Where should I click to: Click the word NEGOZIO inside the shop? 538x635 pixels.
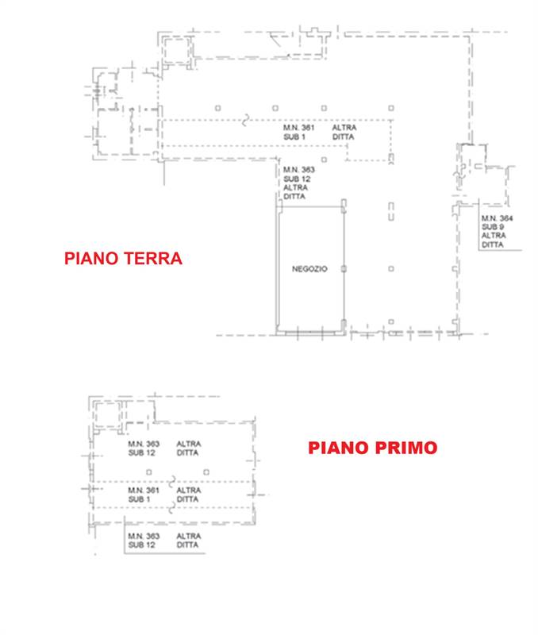pyautogui.click(x=309, y=269)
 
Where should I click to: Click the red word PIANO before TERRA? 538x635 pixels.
pyautogui.click(x=91, y=259)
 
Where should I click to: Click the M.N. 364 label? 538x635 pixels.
pyautogui.click(x=497, y=218)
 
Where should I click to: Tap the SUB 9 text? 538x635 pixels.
pyautogui.click(x=493, y=227)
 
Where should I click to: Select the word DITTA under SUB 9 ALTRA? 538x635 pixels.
pyautogui.click(x=492, y=244)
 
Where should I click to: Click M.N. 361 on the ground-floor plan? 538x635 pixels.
pyautogui.click(x=298, y=128)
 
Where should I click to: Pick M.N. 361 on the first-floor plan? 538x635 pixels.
pyautogui.click(x=144, y=491)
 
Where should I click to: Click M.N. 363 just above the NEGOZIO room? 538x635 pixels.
pyautogui.click(x=298, y=170)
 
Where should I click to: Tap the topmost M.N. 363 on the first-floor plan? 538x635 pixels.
pyautogui.click(x=144, y=444)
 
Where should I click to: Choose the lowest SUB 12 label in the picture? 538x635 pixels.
pyautogui.click(x=142, y=545)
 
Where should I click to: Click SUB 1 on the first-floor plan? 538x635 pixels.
pyautogui.click(x=139, y=499)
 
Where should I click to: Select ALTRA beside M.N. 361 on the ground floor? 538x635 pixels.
pyautogui.click(x=344, y=128)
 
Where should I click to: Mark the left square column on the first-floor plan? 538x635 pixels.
pyautogui.click(x=149, y=472)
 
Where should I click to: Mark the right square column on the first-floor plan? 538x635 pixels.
pyautogui.click(x=206, y=472)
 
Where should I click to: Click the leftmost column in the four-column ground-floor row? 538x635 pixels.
pyautogui.click(x=217, y=108)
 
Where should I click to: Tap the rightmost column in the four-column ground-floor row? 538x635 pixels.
pyautogui.click(x=391, y=108)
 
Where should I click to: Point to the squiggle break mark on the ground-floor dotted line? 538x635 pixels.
pyautogui.click(x=245, y=121)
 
